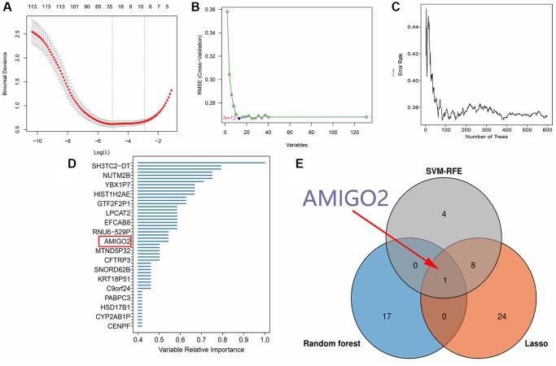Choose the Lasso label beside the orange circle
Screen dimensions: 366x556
point(533,345)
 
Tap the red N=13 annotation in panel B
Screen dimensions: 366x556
point(229,119)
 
